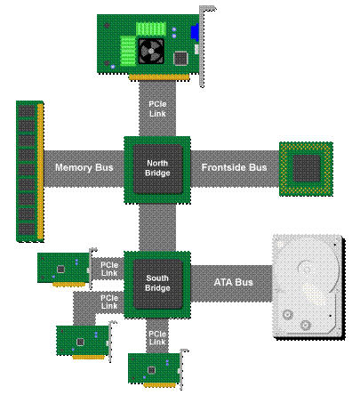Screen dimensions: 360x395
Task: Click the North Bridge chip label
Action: [157, 168]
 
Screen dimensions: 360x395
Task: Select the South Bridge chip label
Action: [157, 283]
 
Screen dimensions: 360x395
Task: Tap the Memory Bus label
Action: [84, 167]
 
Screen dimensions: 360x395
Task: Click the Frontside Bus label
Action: [234, 167]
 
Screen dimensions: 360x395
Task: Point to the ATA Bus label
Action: [233, 282]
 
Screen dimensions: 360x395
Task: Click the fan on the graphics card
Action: [151, 51]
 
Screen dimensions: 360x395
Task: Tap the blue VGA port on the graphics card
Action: [195, 33]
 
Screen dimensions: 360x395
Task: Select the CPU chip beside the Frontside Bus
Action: [306, 169]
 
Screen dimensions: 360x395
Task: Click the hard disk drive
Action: [308, 287]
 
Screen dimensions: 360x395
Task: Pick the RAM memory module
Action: [30, 172]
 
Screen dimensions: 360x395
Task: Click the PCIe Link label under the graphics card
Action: [157, 109]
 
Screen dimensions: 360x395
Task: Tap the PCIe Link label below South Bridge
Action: [157, 338]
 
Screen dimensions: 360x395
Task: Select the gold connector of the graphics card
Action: [159, 77]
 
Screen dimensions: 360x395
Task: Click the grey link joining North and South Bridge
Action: [157, 228]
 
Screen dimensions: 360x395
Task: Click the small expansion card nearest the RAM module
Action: [67, 269]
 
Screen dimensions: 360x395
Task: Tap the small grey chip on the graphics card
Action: [180, 58]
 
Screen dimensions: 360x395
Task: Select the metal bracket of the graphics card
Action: [204, 46]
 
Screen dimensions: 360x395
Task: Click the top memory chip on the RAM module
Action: [27, 111]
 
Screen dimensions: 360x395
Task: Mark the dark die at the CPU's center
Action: [307, 169]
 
